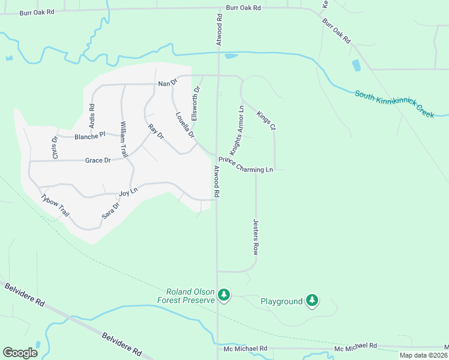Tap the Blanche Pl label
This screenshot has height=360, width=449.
point(90,136)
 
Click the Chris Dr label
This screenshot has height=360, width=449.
point(55,148)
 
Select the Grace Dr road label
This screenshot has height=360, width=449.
point(98,161)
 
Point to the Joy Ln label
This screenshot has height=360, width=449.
point(124,193)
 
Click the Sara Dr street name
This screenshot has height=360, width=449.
point(111,210)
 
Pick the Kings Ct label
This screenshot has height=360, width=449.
point(266,121)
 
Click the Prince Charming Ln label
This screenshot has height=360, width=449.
point(246,165)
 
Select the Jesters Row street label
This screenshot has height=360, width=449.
point(255,238)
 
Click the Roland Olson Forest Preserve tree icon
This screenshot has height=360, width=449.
point(224,295)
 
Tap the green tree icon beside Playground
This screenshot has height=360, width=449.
point(312,300)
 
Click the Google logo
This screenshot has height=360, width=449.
point(20,353)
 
